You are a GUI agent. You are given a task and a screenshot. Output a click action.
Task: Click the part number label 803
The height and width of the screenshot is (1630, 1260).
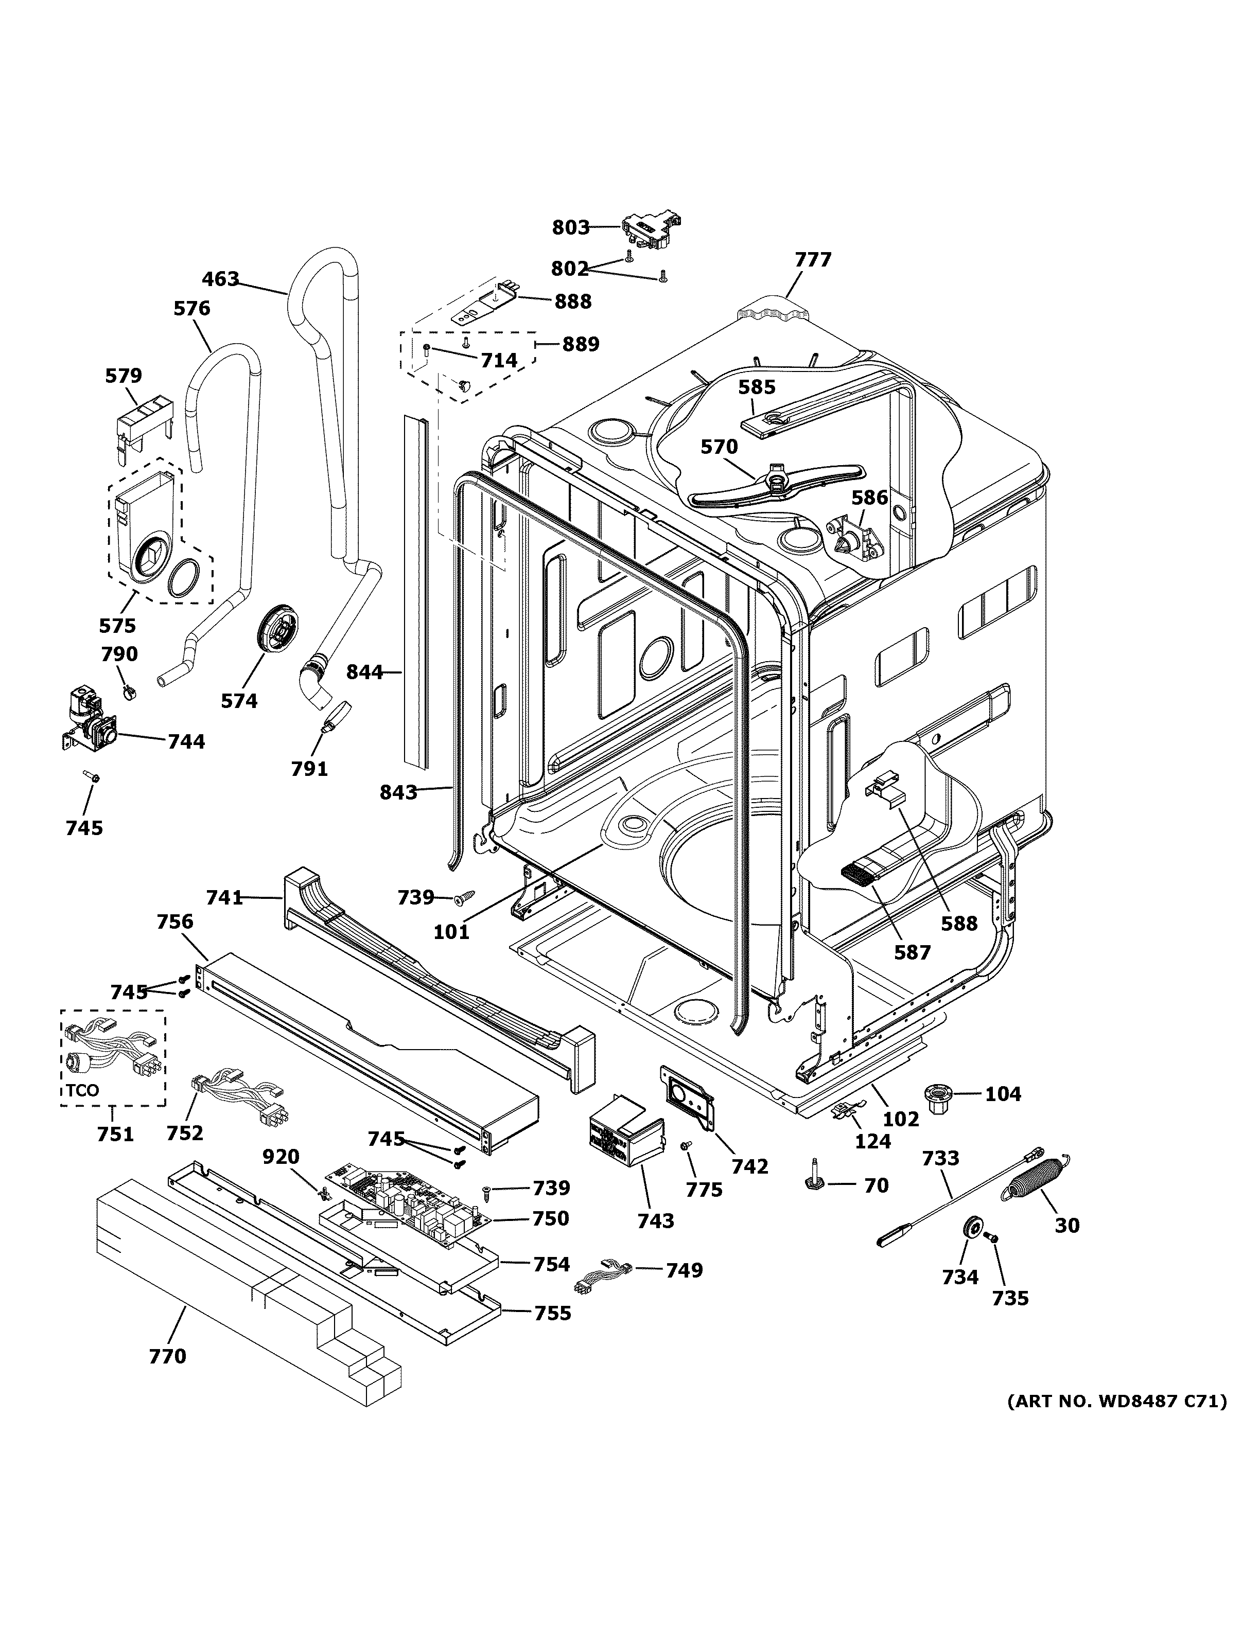pyautogui.click(x=570, y=227)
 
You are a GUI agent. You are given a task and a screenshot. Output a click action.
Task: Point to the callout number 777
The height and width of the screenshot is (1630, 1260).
pyautogui.click(x=812, y=260)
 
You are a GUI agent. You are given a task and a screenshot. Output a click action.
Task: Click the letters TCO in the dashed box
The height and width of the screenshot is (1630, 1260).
pyautogui.click(x=82, y=1090)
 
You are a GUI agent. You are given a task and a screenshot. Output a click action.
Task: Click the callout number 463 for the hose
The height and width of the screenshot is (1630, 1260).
pyautogui.click(x=220, y=279)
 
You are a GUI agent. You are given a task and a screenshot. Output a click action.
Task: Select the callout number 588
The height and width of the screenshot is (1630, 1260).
pyautogui.click(x=958, y=923)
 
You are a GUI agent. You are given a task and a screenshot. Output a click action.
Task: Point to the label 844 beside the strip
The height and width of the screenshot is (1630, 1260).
pyautogui.click(x=364, y=672)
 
